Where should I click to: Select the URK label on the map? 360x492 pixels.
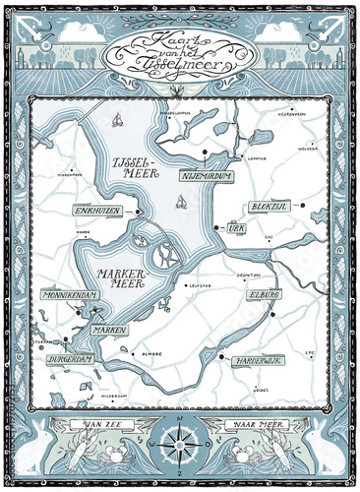pyautogui.click(x=235, y=227)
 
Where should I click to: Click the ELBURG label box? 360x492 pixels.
pyautogui.click(x=266, y=293)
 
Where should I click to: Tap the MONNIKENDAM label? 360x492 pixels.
pyautogui.click(x=66, y=294)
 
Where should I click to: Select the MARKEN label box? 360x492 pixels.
pyautogui.click(x=110, y=331)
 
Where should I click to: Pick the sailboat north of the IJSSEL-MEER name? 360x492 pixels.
pyautogui.click(x=117, y=122)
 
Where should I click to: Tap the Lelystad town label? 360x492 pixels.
pyautogui.click(x=201, y=286)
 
